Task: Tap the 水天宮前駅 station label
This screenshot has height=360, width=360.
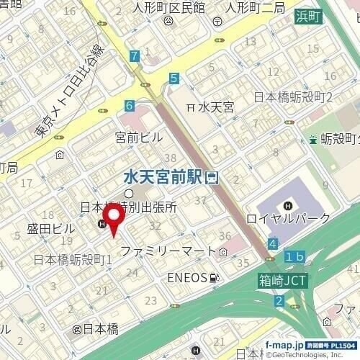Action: (163, 176)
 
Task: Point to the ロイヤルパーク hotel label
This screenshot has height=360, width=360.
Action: (288, 218)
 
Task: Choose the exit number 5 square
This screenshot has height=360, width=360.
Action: (174, 78)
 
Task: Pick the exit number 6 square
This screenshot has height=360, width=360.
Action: (128, 105)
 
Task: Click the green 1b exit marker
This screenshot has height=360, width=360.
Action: (294, 257)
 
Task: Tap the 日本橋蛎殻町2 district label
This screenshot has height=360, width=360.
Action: (292, 96)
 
